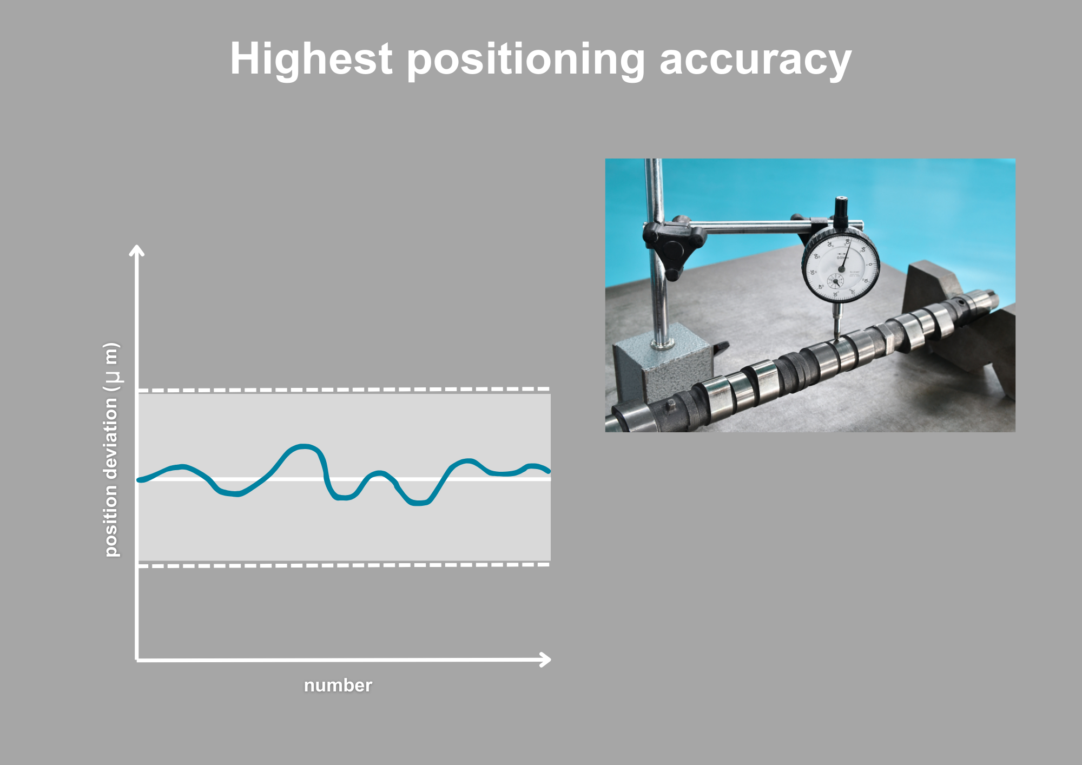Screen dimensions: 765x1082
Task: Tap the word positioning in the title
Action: click(525, 60)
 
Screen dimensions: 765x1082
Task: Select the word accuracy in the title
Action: click(755, 60)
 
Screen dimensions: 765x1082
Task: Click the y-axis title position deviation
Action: click(111, 449)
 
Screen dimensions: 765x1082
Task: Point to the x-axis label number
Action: click(338, 685)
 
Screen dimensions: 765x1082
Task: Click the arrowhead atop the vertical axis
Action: click(137, 250)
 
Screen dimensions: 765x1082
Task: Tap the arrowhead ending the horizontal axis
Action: click(546, 660)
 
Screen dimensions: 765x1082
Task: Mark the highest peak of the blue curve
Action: click(304, 446)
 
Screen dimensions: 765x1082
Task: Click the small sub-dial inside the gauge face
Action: click(835, 281)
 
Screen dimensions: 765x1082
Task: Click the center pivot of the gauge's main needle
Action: click(841, 268)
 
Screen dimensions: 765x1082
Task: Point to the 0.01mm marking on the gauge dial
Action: click(842, 258)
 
